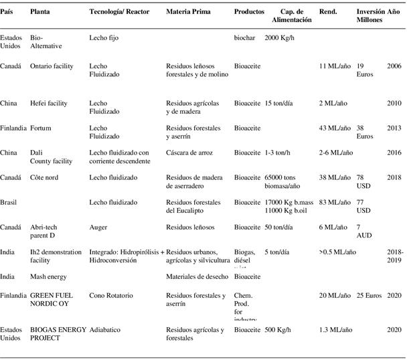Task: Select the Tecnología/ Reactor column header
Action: tap(119, 13)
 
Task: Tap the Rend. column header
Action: tap(328, 13)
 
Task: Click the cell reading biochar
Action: tap(246, 38)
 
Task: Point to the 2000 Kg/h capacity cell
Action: tap(280, 38)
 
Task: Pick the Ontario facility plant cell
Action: tap(52, 66)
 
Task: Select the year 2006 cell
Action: tap(394, 66)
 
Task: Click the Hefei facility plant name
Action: tap(49, 103)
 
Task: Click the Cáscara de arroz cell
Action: tap(191, 153)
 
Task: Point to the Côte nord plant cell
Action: tap(46, 177)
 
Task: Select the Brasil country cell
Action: tap(9, 202)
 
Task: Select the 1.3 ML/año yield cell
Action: tap(337, 330)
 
